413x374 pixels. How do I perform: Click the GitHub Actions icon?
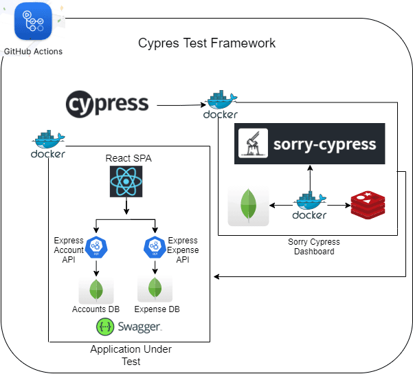[x=33, y=22]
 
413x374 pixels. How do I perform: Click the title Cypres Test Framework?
[x=207, y=43]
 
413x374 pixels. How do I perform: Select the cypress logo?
[x=107, y=104]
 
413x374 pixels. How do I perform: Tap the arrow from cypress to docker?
[x=180, y=105]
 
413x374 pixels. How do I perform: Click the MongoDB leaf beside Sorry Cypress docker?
[x=248, y=206]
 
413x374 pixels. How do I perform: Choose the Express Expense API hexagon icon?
[x=153, y=245]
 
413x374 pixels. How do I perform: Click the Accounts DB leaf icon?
[x=96, y=289]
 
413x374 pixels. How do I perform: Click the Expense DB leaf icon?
[x=155, y=287]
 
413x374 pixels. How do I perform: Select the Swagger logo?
[x=129, y=327]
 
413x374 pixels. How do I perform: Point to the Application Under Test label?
[x=131, y=355]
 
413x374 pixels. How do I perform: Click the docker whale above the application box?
[x=48, y=144]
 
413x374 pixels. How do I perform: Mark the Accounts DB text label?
[x=96, y=309]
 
